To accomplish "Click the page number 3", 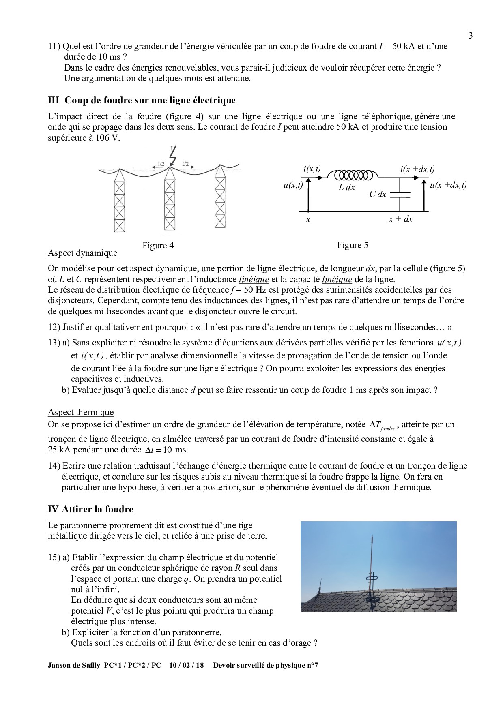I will point(471,36).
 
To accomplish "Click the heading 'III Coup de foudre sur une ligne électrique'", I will point(142,100).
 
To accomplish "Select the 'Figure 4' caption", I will point(158,246).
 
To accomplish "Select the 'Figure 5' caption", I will point(353,245).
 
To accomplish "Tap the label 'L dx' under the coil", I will point(346,188).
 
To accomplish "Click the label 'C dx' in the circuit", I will point(377,195).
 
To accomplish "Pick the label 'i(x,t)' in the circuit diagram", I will point(312,169).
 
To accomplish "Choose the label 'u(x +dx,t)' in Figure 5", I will point(448,185).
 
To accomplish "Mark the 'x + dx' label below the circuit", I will point(400,219).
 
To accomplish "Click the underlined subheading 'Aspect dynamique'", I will point(82,253).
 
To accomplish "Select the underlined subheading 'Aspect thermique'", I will point(81,413).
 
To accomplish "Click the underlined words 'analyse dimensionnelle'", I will point(193,356).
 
